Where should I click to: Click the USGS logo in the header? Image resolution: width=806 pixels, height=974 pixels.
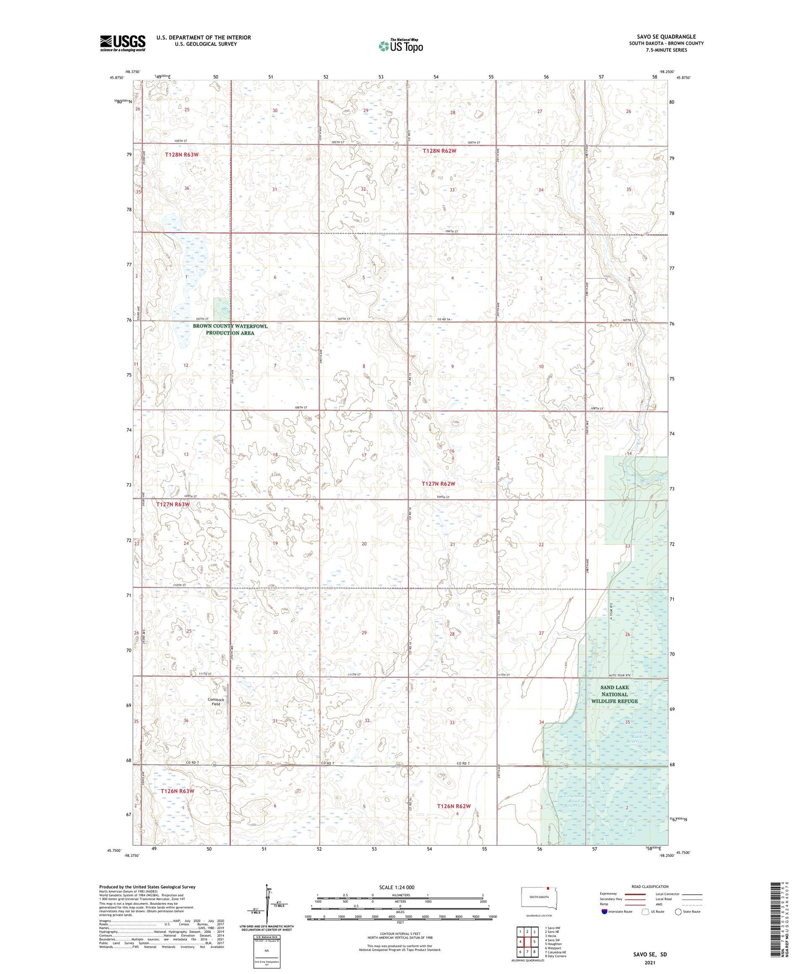[x=123, y=43]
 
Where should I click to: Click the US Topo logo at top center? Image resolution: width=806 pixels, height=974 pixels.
[x=400, y=46]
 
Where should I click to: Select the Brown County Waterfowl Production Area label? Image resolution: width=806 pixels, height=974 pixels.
[x=230, y=330]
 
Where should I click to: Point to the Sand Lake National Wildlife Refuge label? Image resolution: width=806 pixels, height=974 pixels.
[x=614, y=694]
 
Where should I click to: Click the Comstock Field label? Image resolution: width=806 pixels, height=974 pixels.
[x=216, y=702]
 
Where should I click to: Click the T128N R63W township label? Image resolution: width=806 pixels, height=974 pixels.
[x=182, y=155]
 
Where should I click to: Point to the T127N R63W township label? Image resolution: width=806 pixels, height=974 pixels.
[x=173, y=504]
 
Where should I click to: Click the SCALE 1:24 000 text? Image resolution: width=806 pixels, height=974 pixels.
[x=397, y=887]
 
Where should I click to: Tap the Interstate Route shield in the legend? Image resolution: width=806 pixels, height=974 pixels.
[x=605, y=912]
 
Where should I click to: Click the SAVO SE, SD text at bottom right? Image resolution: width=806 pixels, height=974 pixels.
[x=650, y=954]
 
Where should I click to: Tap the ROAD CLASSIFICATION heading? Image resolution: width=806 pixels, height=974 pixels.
[x=650, y=886]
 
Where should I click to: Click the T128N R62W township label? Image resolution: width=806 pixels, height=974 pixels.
[x=440, y=151]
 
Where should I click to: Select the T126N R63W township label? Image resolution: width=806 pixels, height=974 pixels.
[x=177, y=791]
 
